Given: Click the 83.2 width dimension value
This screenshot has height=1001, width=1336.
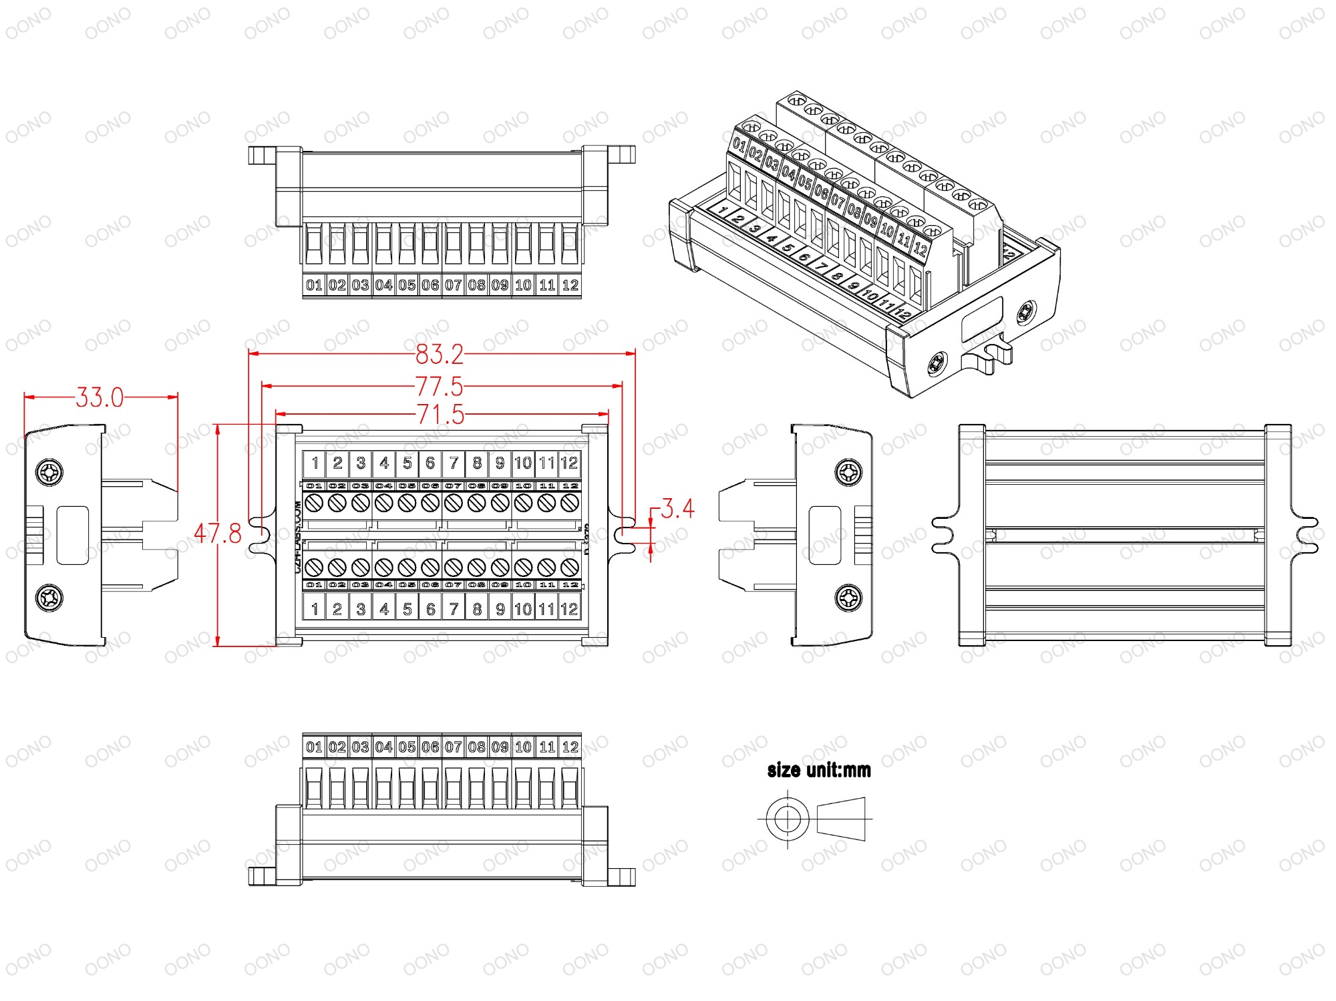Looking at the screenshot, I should click(439, 355).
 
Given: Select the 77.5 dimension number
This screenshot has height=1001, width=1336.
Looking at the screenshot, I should click(439, 387).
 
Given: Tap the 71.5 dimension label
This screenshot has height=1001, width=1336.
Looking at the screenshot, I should click(440, 415).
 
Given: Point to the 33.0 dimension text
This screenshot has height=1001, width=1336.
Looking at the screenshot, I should click(100, 398).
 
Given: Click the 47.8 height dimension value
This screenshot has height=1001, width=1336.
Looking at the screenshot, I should click(218, 534).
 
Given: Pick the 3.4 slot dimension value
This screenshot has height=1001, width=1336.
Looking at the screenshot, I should click(677, 509).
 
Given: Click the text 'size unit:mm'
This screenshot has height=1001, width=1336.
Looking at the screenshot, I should click(819, 770).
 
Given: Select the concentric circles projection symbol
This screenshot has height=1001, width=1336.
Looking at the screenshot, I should click(788, 819).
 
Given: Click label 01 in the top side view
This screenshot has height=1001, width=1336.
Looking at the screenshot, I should click(314, 285).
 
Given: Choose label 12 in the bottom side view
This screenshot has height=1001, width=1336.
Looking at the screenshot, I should click(570, 747).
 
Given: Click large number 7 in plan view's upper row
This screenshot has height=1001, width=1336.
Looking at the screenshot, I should click(454, 463).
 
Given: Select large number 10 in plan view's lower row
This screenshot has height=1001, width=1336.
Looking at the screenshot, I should click(523, 609).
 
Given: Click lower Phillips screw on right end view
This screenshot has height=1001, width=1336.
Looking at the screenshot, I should click(848, 596).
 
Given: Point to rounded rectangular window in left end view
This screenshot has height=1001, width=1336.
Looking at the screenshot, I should click(72, 535).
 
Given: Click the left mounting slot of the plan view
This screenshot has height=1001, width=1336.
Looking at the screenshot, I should click(259, 535).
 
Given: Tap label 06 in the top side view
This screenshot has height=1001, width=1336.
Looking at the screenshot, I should click(430, 285).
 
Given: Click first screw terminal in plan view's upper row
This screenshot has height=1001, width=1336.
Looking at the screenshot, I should click(314, 503).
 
